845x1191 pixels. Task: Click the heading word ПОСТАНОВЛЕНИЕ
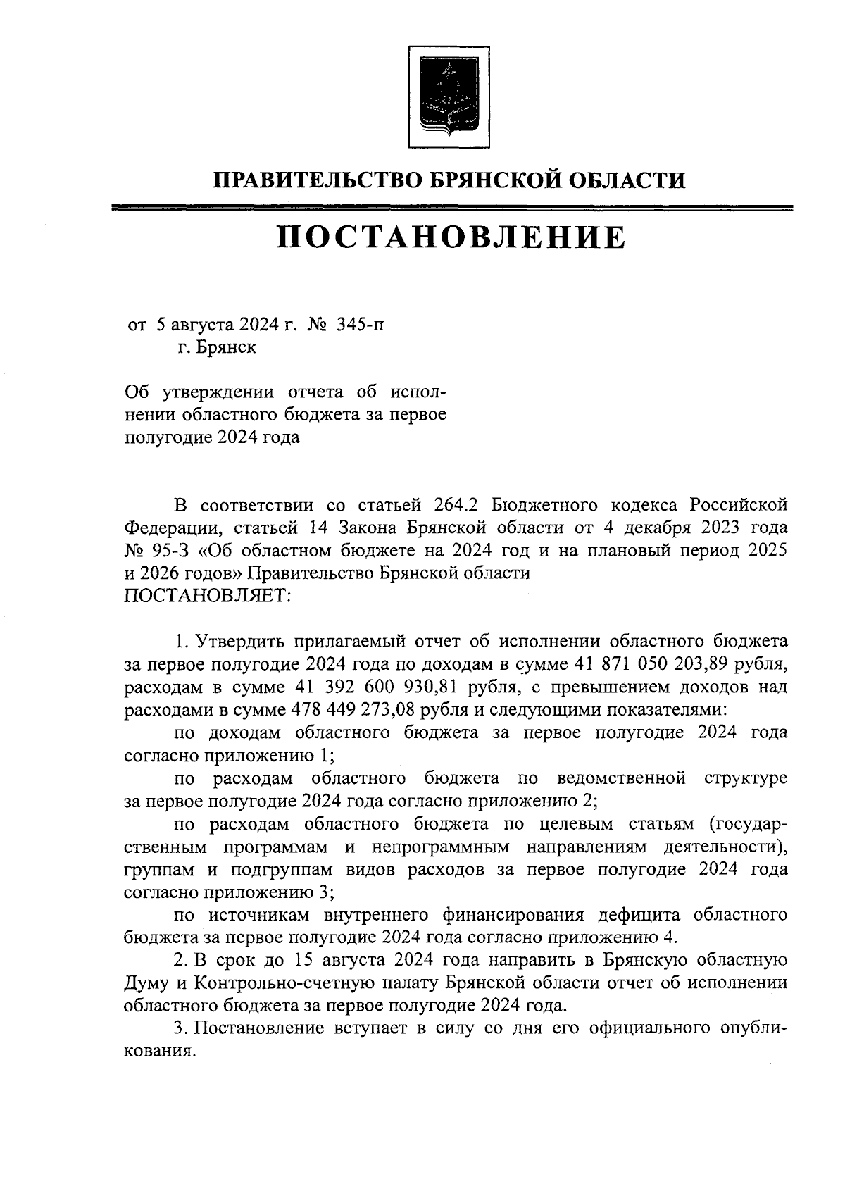450,238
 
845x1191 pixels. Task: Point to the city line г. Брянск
217,347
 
